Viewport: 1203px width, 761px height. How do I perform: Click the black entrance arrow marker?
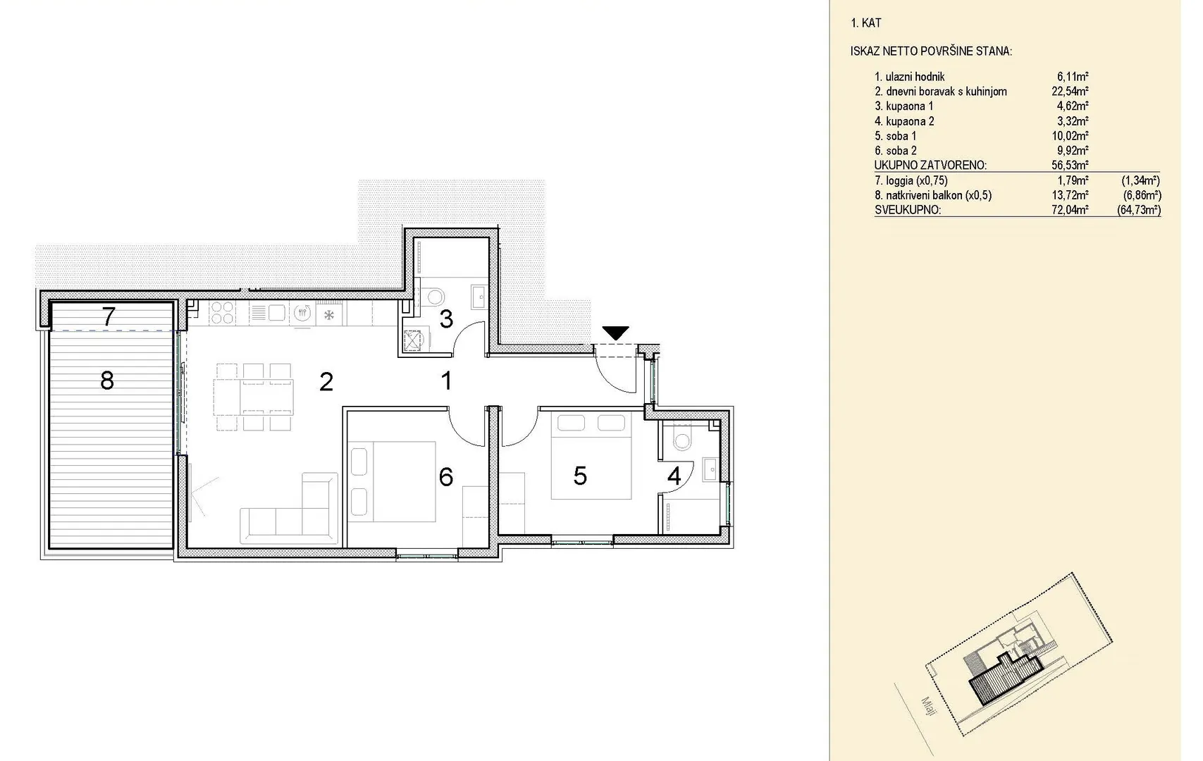(x=615, y=333)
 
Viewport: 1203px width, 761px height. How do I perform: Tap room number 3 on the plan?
(x=446, y=319)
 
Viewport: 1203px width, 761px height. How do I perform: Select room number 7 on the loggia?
(x=109, y=316)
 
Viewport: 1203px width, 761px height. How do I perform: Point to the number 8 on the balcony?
(x=107, y=380)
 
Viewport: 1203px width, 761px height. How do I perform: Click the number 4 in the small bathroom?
(x=674, y=476)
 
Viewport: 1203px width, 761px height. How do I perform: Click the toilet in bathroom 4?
(x=682, y=438)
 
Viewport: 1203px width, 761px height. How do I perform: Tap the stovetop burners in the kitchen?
(x=222, y=313)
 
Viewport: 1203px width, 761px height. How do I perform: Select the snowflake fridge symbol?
(x=328, y=315)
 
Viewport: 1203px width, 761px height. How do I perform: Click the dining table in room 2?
(x=254, y=397)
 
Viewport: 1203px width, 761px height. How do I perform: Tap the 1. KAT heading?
(x=865, y=23)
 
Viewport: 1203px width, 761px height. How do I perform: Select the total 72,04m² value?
(x=1070, y=210)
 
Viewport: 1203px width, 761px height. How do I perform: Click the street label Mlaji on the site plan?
(x=929, y=706)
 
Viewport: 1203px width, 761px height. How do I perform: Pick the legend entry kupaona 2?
(x=904, y=121)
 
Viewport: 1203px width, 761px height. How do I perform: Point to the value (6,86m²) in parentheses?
(x=1142, y=195)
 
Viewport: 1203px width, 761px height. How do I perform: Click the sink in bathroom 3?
(x=479, y=297)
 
